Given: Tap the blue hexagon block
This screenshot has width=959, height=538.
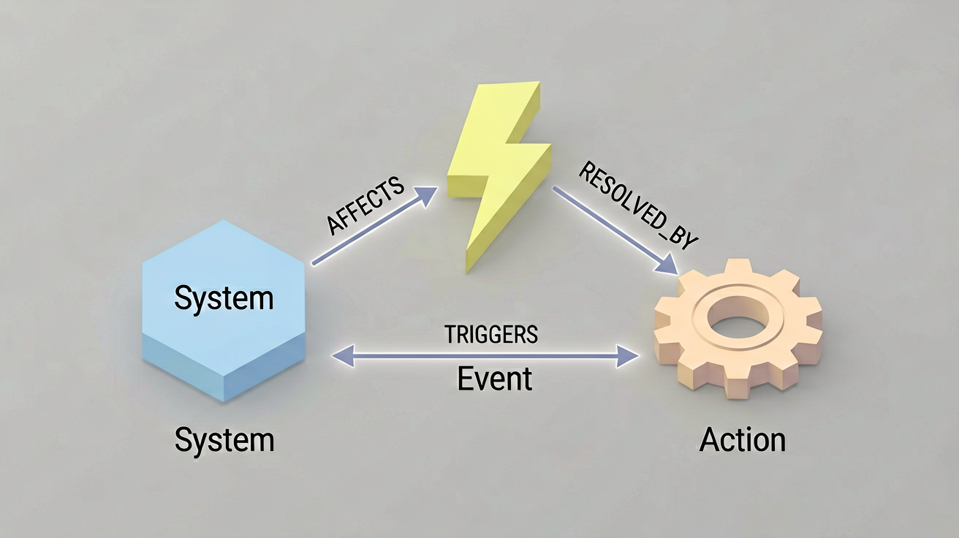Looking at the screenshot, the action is click(224, 311).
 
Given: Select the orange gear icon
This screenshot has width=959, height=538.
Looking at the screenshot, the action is click(738, 329).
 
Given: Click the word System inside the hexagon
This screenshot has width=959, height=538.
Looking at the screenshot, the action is click(224, 298).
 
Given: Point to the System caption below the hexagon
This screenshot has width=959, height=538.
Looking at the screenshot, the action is click(224, 441).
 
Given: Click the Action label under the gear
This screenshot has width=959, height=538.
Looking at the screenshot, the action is click(743, 439).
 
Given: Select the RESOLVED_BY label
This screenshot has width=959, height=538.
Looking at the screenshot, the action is click(638, 205).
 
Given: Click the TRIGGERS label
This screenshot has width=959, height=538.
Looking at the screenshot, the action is click(491, 335).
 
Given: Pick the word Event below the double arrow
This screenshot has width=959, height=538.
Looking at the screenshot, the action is click(494, 379).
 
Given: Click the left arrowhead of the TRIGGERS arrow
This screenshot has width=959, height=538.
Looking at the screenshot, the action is click(344, 356).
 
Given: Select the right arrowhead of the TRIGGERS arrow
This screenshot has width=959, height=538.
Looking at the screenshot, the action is click(628, 356).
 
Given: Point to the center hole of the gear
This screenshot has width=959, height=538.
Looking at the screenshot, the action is click(738, 319).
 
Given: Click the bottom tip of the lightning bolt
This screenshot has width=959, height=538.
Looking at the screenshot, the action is click(468, 271).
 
